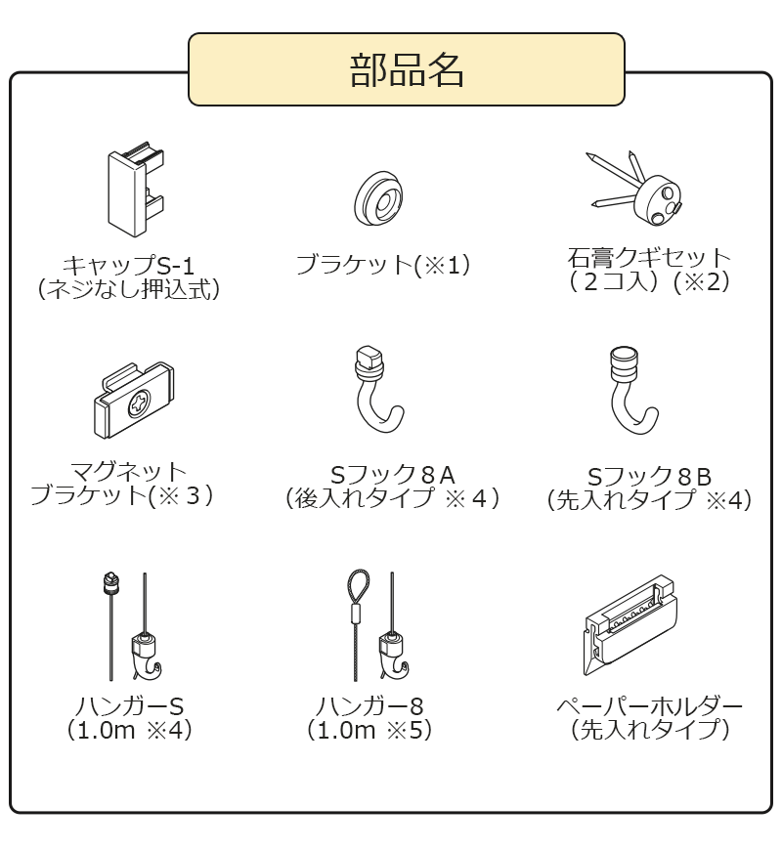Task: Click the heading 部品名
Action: pos(407,70)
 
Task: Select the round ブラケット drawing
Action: pos(378,198)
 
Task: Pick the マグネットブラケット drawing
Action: pos(134,400)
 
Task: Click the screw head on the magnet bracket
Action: pos(139,403)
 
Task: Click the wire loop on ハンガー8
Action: pos(358,587)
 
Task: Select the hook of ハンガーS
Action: pos(147,658)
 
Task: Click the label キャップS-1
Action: pos(128,266)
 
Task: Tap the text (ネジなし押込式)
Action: pos(129,289)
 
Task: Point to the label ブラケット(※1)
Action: pos(383,265)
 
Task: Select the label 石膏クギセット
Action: pos(649,257)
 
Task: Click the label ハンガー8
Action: pos(369,705)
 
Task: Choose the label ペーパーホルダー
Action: pos(649,705)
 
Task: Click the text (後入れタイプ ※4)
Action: pos(392,498)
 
